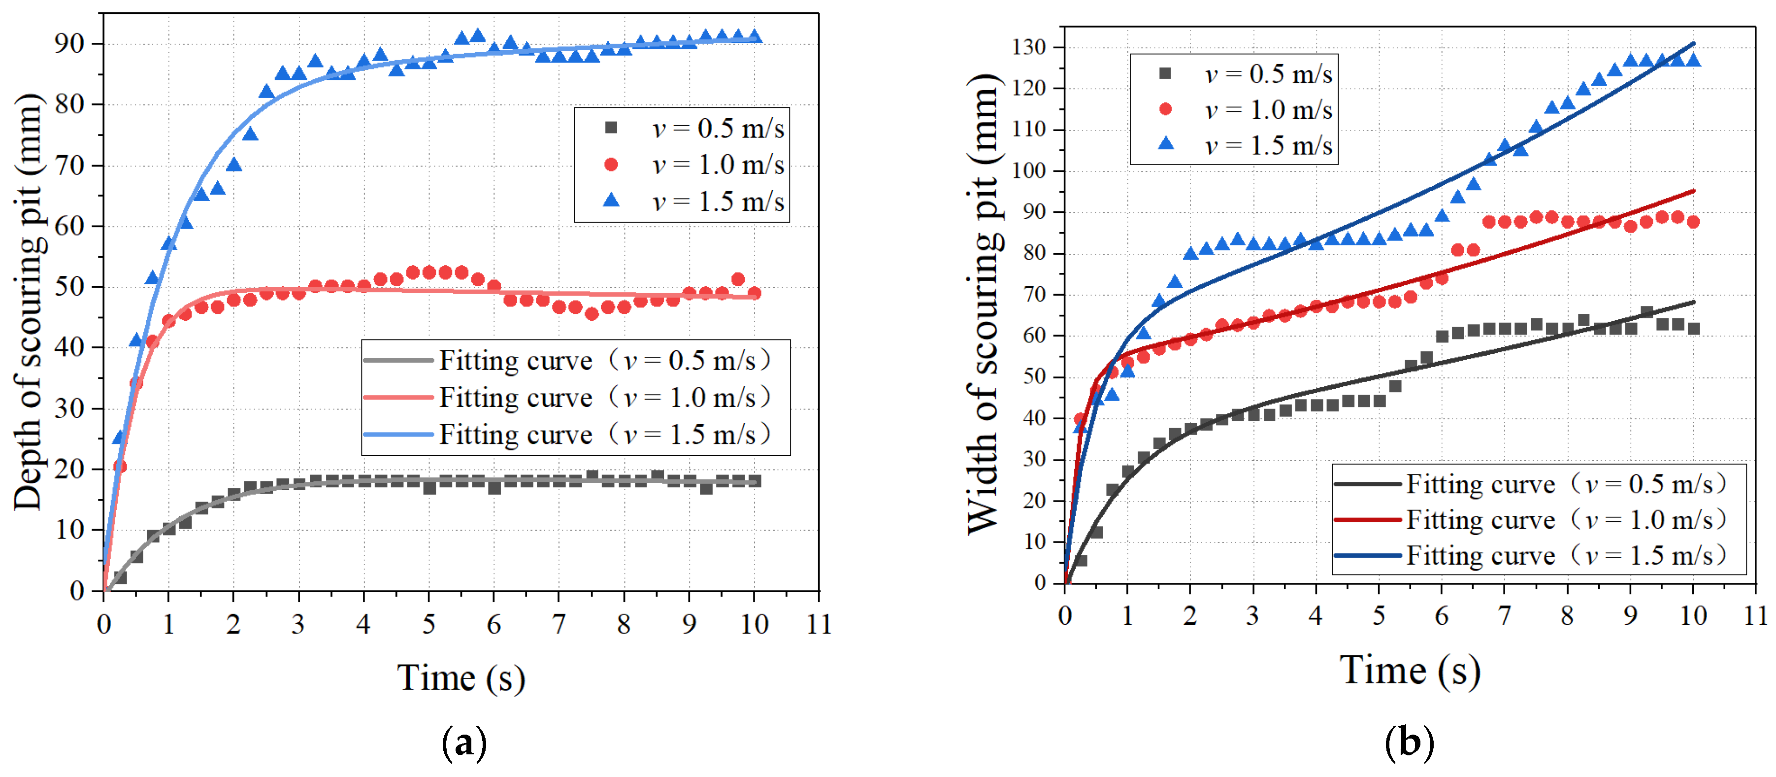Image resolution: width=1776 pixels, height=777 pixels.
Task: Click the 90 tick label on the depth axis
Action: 69,44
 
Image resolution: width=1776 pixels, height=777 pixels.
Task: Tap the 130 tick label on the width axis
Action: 1029,48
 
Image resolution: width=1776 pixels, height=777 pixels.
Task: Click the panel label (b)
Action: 1409,743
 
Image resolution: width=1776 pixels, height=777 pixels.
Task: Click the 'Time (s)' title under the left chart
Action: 460,678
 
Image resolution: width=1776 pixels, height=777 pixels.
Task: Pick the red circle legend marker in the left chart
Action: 611,164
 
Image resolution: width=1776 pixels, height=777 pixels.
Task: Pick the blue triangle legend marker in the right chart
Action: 1166,143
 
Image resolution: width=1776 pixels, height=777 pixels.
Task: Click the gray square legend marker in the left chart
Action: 611,128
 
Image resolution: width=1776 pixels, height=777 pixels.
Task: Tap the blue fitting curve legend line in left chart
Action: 398,435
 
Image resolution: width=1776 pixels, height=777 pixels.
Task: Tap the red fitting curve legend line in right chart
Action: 1368,520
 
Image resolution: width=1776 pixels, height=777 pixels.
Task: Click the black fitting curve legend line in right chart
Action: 1368,484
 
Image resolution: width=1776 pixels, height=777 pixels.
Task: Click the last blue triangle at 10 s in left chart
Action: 754,36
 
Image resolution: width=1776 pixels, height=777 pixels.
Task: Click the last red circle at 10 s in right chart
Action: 1693,222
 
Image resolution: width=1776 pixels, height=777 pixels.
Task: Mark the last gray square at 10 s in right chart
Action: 1693,329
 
